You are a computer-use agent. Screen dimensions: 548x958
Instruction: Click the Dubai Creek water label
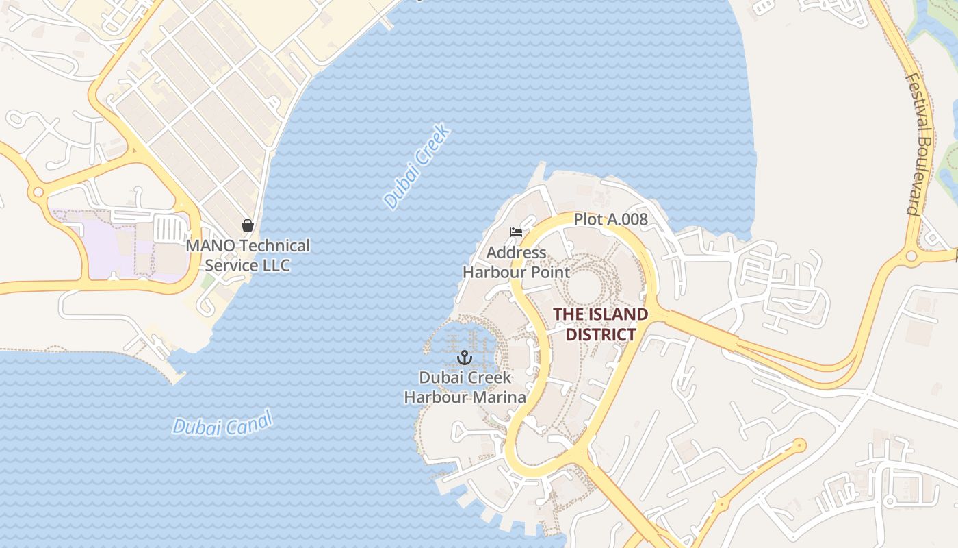click(417, 166)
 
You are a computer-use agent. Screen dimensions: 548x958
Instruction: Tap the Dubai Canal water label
click(222, 423)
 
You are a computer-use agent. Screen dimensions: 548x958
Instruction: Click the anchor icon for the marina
click(465, 358)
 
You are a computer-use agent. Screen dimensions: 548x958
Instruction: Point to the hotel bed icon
click(516, 232)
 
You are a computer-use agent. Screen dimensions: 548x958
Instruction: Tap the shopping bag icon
click(248, 225)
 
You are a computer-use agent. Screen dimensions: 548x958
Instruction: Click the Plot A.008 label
click(610, 219)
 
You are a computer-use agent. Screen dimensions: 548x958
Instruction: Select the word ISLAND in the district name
click(615, 314)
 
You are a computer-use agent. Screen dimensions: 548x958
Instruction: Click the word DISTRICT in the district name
click(601, 335)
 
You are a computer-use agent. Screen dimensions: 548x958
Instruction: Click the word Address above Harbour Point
click(516, 253)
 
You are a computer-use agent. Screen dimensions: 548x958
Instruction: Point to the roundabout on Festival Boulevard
click(911, 256)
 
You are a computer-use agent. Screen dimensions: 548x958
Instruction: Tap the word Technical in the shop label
click(275, 245)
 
